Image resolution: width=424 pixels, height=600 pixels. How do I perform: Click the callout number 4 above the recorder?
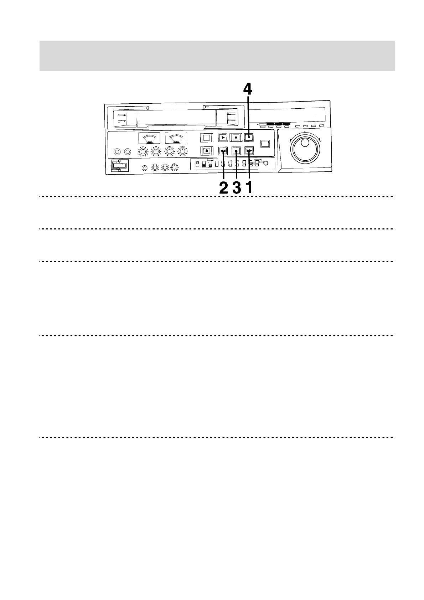click(248, 89)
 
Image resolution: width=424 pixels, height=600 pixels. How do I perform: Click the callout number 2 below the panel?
click(224, 187)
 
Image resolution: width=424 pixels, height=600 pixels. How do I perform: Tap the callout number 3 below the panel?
click(237, 187)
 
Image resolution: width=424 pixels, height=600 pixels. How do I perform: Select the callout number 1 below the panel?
click(249, 187)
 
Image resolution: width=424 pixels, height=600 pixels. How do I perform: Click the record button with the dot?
click(236, 137)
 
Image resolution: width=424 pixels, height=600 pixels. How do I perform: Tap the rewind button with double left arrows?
click(223, 151)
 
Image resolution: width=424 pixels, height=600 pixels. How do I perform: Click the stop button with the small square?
click(236, 151)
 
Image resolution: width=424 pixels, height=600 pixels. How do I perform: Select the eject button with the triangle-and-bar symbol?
click(206, 151)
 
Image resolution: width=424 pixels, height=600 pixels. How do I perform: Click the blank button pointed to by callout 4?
click(249, 137)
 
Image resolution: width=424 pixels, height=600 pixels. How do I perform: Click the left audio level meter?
click(149, 138)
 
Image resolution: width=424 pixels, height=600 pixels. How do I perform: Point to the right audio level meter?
click(176, 138)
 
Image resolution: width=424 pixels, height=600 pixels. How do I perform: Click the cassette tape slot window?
click(176, 117)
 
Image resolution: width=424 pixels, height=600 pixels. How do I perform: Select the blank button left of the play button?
click(207, 137)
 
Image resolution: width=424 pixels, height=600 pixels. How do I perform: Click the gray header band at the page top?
click(217, 56)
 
